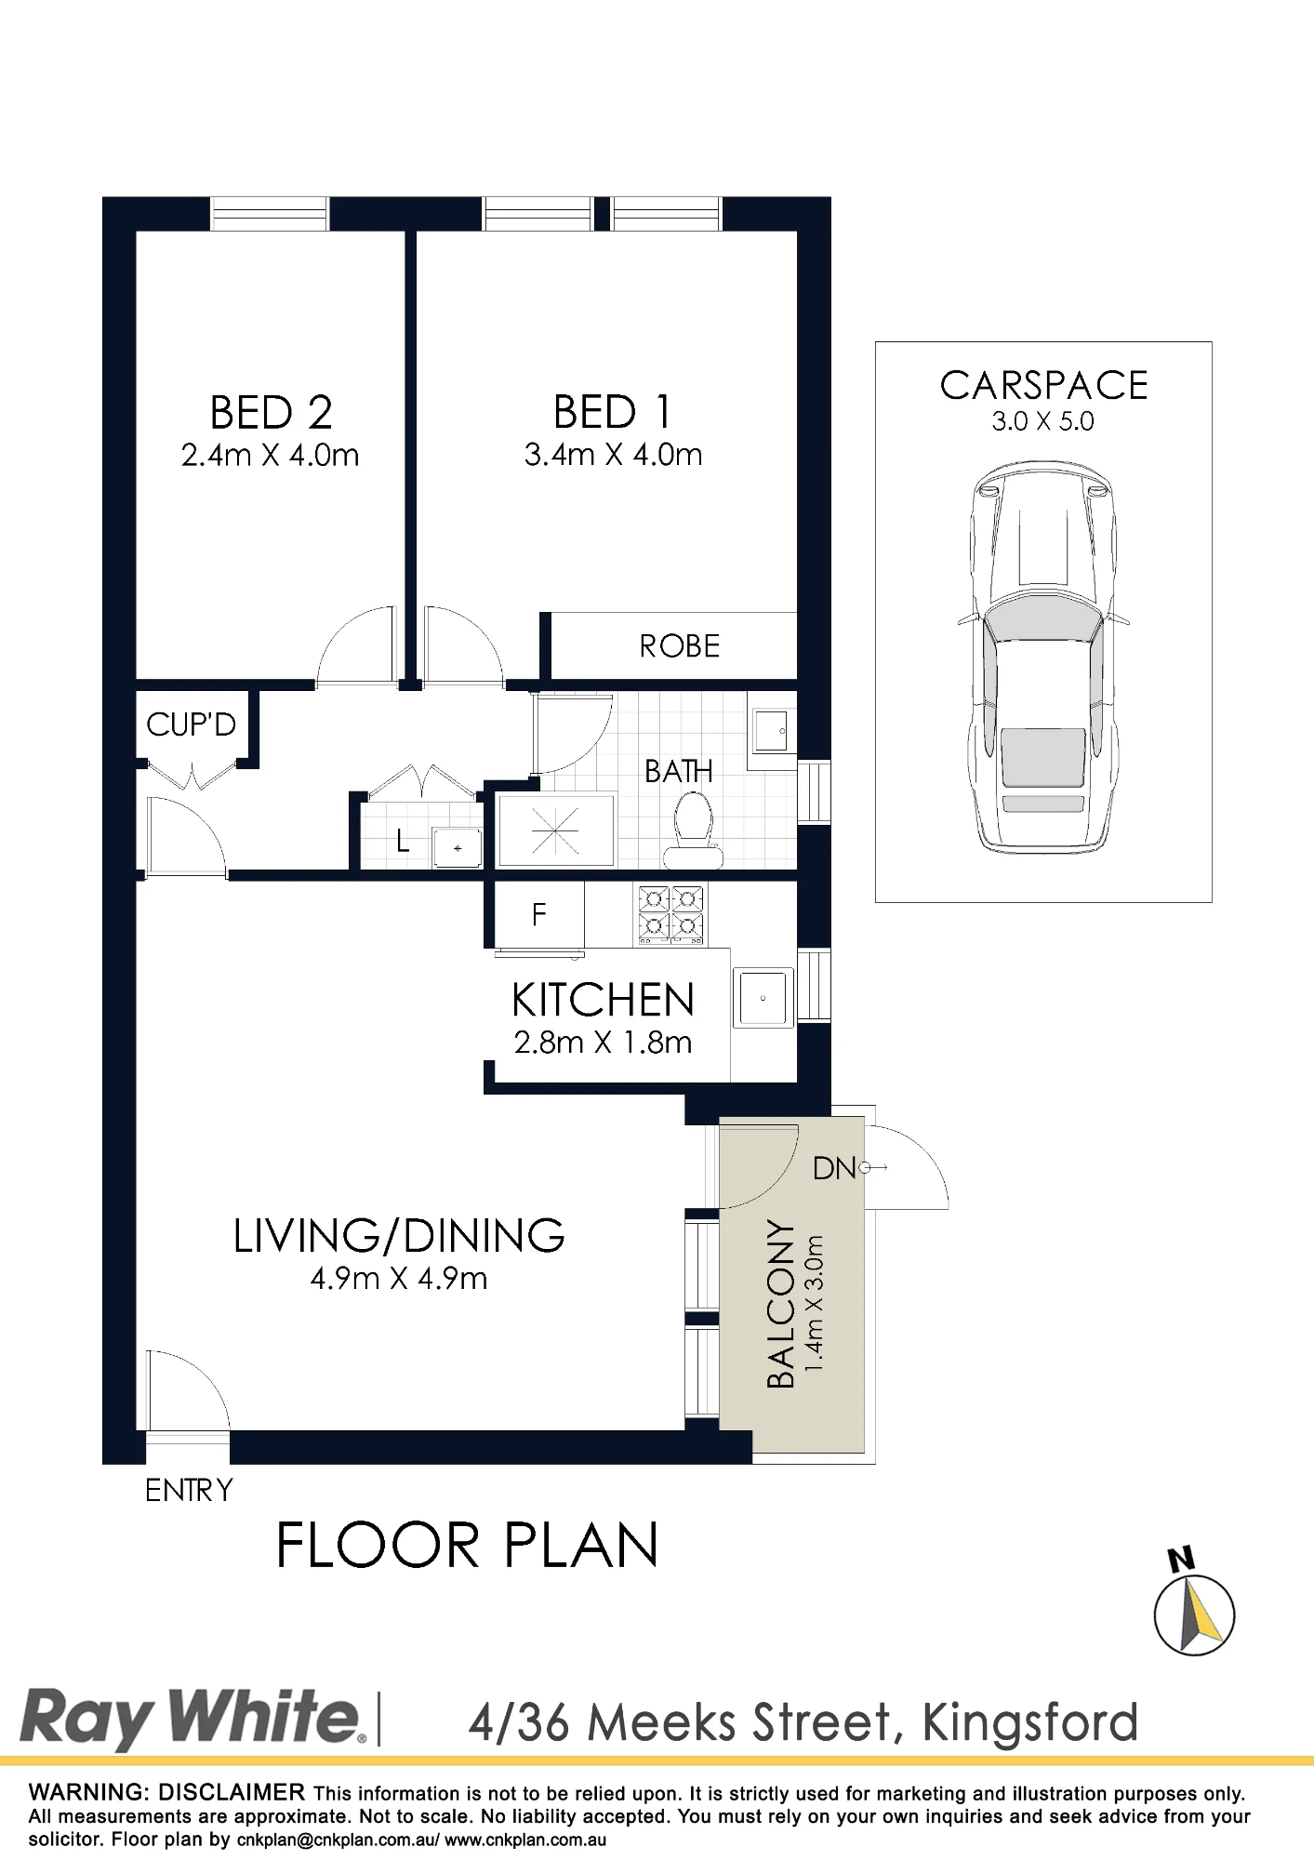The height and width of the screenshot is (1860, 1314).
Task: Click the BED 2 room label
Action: coord(271,413)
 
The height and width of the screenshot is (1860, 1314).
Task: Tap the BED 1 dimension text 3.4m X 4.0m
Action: coord(613,455)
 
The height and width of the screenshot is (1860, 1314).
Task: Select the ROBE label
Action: coord(680,646)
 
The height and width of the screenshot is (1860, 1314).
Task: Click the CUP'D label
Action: coord(191,724)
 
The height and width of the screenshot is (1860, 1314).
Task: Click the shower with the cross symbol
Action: coord(555,830)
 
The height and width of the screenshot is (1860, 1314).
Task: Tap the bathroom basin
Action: coord(772,730)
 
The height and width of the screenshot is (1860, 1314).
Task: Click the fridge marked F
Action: coord(539,915)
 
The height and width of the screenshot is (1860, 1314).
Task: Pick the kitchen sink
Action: coord(763,998)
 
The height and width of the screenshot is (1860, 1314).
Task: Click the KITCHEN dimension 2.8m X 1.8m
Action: coord(604,1043)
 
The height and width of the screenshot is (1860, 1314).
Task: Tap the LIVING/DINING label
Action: coord(399,1236)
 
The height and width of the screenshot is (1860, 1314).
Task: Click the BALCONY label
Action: coord(781,1304)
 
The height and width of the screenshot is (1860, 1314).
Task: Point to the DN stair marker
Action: coord(834,1169)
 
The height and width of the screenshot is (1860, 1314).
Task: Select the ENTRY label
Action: coord(189,1491)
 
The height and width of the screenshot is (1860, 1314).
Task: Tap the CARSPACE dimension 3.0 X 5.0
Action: coord(1042,421)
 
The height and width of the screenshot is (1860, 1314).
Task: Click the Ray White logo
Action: coord(192,1719)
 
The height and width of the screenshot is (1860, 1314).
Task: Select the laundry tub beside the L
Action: coord(458,847)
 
